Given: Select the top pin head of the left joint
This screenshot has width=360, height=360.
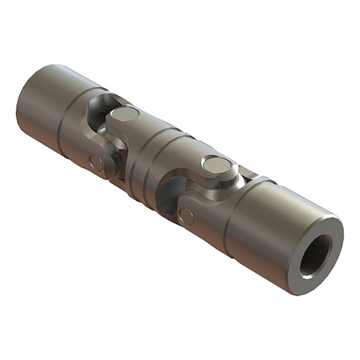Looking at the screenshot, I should [x=125, y=114].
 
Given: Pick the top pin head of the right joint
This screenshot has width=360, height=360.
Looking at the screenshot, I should [x=216, y=165].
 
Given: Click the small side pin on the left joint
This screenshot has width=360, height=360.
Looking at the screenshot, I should [x=96, y=162].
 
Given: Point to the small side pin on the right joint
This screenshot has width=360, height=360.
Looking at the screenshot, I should [x=186, y=216].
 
